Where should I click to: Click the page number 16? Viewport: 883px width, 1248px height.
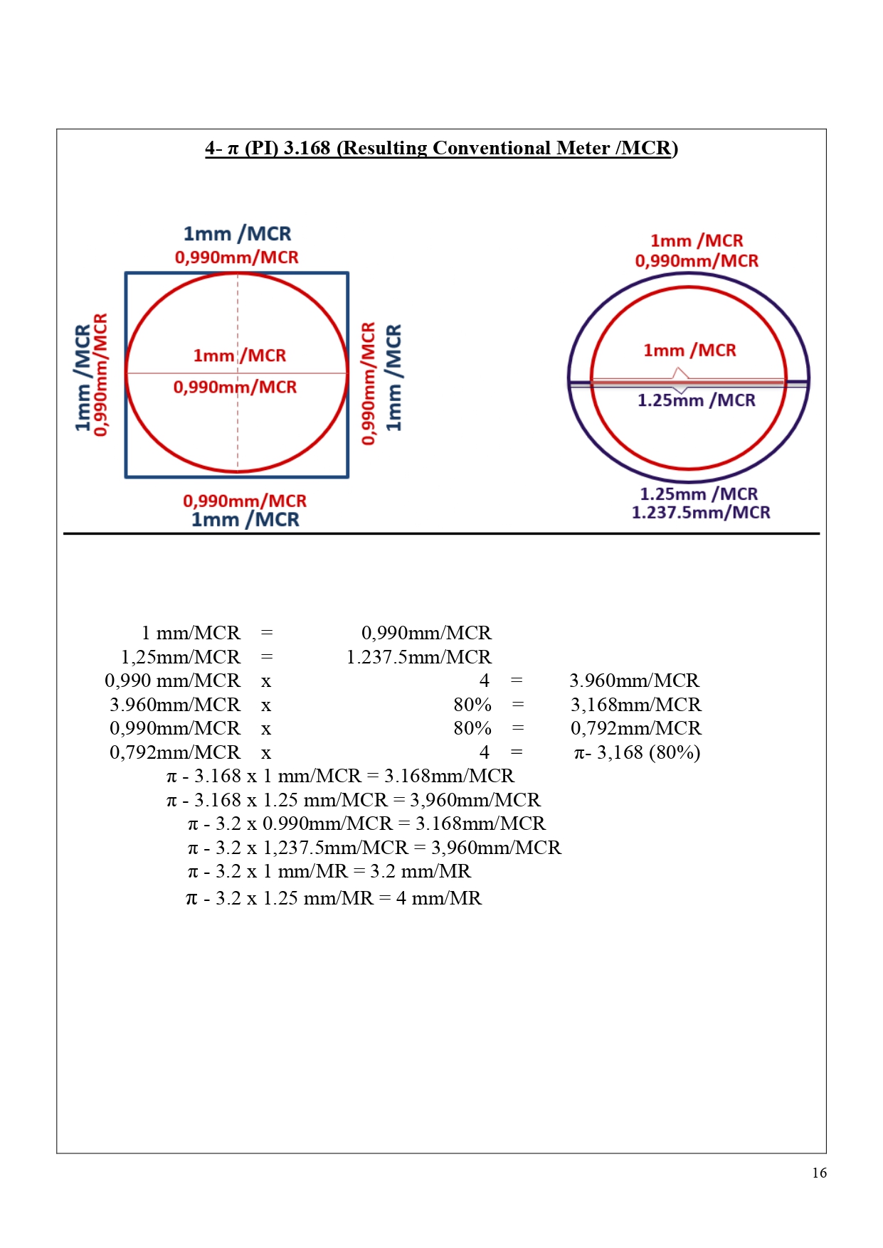pos(819,1173)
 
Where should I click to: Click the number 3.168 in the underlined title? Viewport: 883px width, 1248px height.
pos(307,148)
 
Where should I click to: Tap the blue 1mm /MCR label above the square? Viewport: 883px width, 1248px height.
pos(237,234)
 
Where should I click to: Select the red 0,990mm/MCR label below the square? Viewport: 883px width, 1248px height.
pos(245,501)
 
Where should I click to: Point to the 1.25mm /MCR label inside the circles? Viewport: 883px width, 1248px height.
pos(696,400)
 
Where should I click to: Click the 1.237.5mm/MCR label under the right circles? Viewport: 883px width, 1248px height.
pos(701,513)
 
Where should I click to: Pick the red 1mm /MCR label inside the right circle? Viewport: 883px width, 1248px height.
pos(689,351)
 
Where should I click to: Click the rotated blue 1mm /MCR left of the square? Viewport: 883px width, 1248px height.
pos(83,378)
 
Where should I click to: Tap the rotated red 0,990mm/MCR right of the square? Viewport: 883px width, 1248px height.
pos(368,383)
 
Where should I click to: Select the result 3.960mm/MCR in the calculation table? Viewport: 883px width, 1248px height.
pos(634,681)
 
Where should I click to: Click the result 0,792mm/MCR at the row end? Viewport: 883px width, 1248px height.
pos(635,728)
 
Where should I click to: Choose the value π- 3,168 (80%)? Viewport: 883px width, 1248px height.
pos(637,752)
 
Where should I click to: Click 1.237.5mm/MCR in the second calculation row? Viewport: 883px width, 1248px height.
pos(418,657)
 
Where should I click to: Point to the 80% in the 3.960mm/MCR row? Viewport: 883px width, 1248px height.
pos(472,705)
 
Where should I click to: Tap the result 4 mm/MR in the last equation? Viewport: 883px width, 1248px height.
pos(438,898)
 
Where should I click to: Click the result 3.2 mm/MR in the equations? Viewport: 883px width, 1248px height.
pos(420,871)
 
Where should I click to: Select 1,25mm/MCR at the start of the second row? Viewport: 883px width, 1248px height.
pos(181,657)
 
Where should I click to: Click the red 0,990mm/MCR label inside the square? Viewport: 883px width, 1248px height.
pos(235,388)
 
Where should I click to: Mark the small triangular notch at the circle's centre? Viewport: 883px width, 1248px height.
pos(681,374)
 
